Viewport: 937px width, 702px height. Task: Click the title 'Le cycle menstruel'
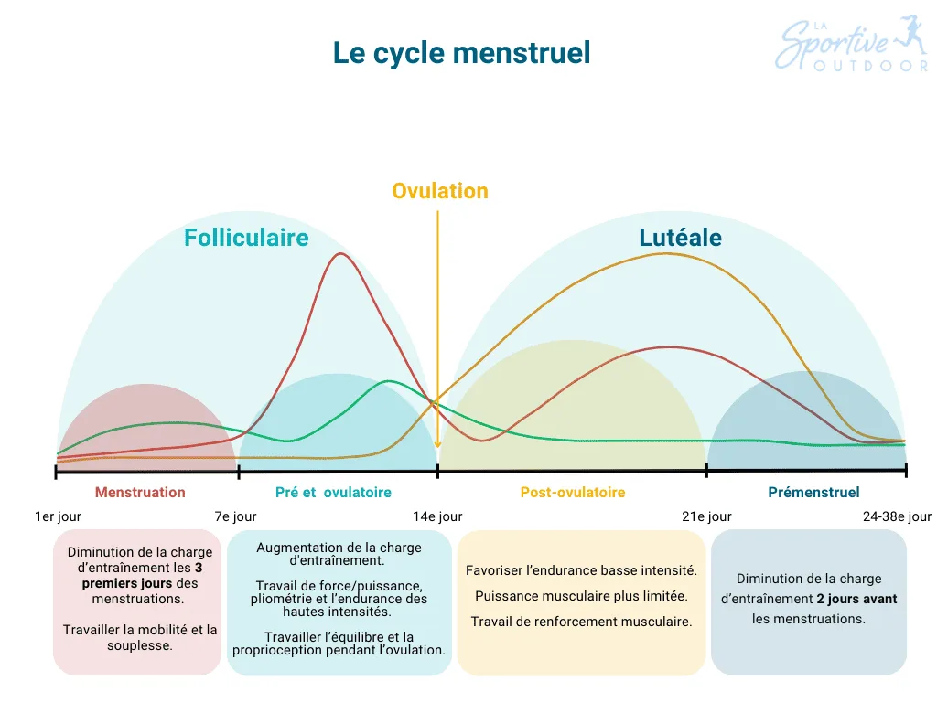coord(461,52)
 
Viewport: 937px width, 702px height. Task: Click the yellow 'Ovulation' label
coord(439,191)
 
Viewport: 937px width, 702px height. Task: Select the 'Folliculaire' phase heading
coord(246,238)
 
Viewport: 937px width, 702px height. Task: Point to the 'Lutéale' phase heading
coord(680,238)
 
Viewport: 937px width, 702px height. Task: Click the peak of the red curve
coord(340,253)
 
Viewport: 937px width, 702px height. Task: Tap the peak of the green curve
coord(389,381)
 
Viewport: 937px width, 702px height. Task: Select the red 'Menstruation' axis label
coord(140,493)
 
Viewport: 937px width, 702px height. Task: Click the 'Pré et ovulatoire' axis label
coord(333,493)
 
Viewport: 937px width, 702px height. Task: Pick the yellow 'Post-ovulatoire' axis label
coord(573,493)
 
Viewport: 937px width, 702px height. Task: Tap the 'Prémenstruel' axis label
coord(813,493)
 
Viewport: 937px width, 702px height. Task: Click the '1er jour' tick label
coord(58,516)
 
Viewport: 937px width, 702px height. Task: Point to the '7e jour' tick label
coord(235,516)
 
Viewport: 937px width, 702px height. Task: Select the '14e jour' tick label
coord(437,516)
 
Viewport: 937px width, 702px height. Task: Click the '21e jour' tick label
coord(706,516)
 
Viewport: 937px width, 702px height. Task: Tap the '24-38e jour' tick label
coord(897,516)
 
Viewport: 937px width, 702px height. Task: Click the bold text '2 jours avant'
coord(856,599)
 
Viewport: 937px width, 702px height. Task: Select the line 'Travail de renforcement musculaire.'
coord(581,622)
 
